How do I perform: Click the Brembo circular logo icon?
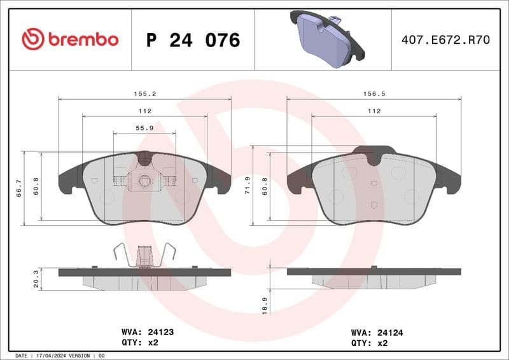[33, 39]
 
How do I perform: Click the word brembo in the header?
[82, 39]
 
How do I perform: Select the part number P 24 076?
[193, 40]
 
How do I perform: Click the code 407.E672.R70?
[445, 40]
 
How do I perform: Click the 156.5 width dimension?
[374, 93]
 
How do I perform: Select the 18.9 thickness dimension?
[265, 304]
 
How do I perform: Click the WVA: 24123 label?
[148, 332]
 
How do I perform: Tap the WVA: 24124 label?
[376, 332]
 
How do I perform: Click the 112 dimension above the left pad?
[145, 111]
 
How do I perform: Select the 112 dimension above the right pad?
[374, 111]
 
